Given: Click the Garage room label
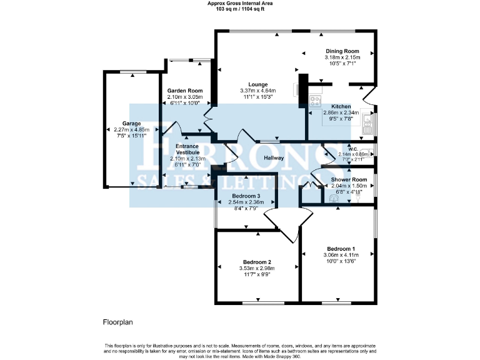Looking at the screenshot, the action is coord(131,124).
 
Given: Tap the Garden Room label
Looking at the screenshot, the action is coord(184,91).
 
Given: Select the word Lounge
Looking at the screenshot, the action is coord(257,84).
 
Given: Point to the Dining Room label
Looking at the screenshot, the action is coord(342,51).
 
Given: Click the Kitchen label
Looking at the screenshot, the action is coord(341,107).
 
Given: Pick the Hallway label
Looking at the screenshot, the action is coord(274,158).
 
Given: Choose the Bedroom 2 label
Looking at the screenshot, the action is coord(257,262).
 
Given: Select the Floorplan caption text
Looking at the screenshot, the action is coord(118,322).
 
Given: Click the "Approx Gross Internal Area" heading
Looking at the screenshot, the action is coord(240,3).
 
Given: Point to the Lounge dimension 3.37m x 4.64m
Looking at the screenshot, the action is coord(257,91).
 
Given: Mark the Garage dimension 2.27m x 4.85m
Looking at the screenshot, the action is coord(131,130).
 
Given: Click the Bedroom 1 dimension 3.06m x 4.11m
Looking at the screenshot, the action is coord(341,255).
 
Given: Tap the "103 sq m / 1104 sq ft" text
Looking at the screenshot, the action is coord(240,9).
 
